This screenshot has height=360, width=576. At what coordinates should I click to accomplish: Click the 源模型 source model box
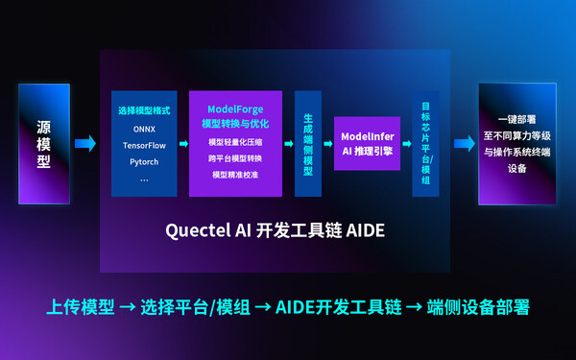(43, 143)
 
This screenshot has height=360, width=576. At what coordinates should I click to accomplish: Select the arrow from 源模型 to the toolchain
(85, 144)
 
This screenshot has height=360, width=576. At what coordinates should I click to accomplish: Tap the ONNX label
(144, 128)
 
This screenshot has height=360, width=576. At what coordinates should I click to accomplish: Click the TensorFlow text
(144, 144)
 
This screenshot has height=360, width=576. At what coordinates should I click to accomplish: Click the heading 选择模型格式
(144, 110)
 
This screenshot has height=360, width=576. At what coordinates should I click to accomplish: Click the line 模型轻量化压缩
(235, 142)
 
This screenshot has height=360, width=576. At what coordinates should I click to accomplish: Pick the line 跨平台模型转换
(235, 159)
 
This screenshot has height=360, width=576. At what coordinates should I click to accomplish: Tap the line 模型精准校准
(235, 176)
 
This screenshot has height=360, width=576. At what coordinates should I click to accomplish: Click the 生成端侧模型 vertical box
(307, 143)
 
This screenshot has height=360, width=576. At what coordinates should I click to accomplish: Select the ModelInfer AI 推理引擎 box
(366, 143)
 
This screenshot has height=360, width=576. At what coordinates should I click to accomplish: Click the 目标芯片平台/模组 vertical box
(425, 143)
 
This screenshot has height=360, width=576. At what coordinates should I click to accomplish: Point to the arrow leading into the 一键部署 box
(465, 144)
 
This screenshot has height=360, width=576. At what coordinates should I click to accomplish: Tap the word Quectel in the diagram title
(198, 231)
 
